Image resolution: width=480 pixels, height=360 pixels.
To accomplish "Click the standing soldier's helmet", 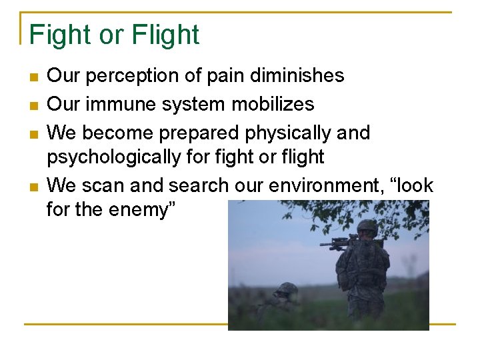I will coord(367,227).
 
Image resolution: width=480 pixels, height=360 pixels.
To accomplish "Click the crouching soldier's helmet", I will coord(287,288).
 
